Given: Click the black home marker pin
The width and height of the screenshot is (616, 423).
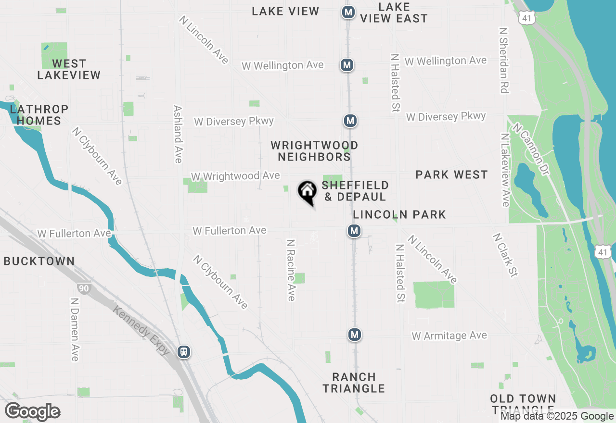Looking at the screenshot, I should click(x=307, y=191).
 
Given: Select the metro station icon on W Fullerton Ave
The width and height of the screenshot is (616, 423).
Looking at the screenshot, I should click(x=354, y=231).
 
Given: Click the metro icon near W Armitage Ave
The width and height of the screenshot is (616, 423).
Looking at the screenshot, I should click(x=355, y=335).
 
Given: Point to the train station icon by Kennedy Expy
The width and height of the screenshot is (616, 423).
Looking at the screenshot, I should click(x=183, y=352).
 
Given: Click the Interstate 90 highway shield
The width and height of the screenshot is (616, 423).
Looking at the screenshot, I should click(x=83, y=288).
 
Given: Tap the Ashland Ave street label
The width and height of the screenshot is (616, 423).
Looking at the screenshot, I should click(x=178, y=134).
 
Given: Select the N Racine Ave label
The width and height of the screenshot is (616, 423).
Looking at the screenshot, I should click(x=291, y=270).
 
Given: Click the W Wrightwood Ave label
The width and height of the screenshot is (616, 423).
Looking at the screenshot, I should click(x=235, y=176).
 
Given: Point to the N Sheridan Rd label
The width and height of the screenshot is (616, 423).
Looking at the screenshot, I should click(x=504, y=60).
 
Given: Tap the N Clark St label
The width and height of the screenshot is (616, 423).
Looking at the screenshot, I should click(x=505, y=255).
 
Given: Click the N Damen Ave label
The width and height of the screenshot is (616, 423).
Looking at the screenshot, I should click(x=74, y=329).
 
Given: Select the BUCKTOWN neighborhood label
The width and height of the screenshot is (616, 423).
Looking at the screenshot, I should click(x=39, y=261).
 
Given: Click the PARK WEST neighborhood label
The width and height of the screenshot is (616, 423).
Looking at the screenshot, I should click(x=451, y=174).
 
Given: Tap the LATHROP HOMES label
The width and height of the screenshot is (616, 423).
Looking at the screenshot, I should click(x=39, y=115).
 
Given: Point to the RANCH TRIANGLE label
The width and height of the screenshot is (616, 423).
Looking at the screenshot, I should click(x=354, y=383).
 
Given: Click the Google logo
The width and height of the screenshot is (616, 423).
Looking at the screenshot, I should click(x=33, y=412).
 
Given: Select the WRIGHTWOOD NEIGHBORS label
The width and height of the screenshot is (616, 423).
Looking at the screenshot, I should click(x=314, y=151).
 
